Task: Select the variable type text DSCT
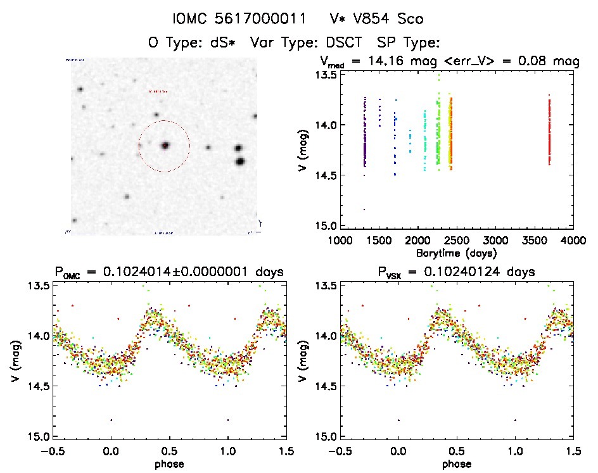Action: point(344,43)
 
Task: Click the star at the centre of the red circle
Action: point(165,146)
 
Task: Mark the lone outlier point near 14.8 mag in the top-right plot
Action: point(364,209)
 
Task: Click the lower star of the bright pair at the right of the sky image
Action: point(241,161)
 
